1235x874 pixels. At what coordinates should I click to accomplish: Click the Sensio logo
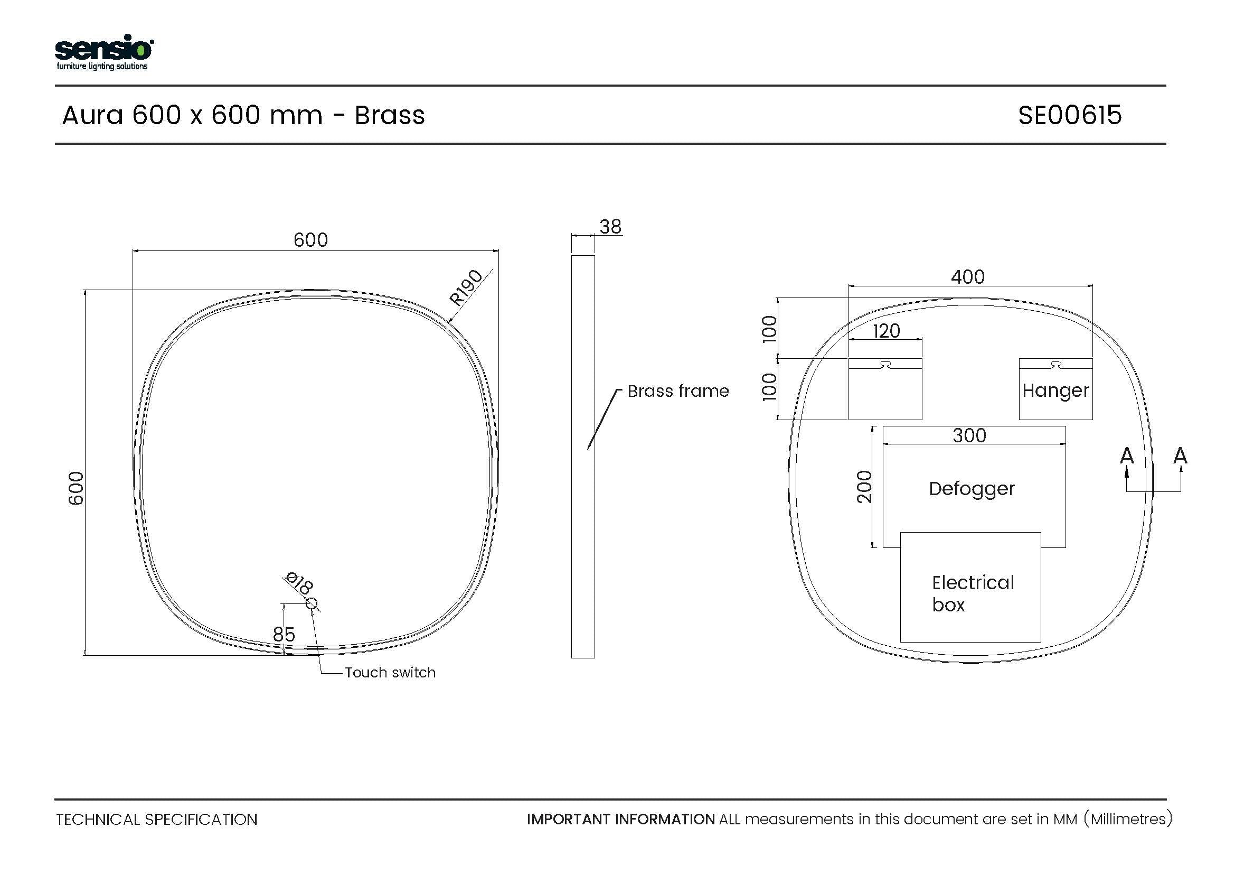105,52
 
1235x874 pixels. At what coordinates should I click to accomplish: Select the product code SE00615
1070,115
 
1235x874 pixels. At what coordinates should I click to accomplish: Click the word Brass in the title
390,115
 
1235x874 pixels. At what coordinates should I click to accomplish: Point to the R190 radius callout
466,287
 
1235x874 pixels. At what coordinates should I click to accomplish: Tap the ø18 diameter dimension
299,582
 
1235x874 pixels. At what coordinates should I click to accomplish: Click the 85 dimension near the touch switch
284,635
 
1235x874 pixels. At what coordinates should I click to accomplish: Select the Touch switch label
390,673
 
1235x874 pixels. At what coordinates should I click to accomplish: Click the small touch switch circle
312,604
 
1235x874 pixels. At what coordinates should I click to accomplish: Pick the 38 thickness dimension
610,227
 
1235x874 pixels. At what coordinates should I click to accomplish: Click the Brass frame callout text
678,390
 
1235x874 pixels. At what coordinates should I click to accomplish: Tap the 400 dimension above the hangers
968,276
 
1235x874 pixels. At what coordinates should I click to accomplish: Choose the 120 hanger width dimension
886,330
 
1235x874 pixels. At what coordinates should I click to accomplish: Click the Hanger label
1055,390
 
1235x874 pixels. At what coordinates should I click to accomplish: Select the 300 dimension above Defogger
969,435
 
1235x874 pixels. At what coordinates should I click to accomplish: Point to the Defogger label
972,489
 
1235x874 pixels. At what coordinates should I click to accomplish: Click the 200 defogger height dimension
864,487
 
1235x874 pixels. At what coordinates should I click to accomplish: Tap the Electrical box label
973,593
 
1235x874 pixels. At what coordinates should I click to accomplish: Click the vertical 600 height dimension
77,488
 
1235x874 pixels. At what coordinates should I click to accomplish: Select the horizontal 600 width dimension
310,239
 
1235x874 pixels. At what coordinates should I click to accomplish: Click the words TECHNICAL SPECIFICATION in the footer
156,819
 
